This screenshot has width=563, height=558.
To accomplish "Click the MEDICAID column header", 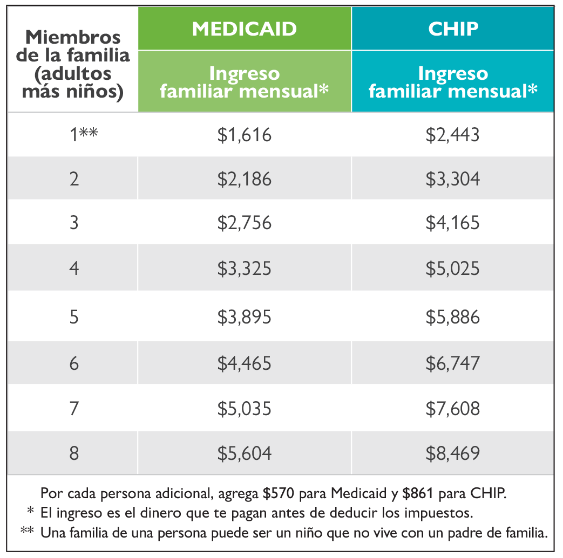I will coord(245,29).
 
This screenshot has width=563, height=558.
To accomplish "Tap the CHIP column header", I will coord(453,29).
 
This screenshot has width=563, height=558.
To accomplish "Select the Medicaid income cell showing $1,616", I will coord(245,134).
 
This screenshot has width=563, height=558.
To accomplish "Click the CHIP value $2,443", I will coord(452,134).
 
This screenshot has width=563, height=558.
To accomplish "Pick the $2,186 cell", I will coord(245,178).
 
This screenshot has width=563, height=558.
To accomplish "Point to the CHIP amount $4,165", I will coord(452,223).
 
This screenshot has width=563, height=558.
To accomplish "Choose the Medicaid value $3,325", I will coord(245,268).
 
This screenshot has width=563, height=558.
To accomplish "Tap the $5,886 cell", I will coord(452,317).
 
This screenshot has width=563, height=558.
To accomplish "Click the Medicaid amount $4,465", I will coord(245,363).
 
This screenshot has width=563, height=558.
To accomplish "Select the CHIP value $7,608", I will coord(452,409).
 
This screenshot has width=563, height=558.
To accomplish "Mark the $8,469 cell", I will coord(452,453).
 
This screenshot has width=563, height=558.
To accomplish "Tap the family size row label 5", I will coord(74,317).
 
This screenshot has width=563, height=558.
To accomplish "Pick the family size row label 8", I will coord(74,453).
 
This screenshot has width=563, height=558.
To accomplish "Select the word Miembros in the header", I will coord(73,38).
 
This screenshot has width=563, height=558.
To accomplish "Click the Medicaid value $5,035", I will coord(245,409).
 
